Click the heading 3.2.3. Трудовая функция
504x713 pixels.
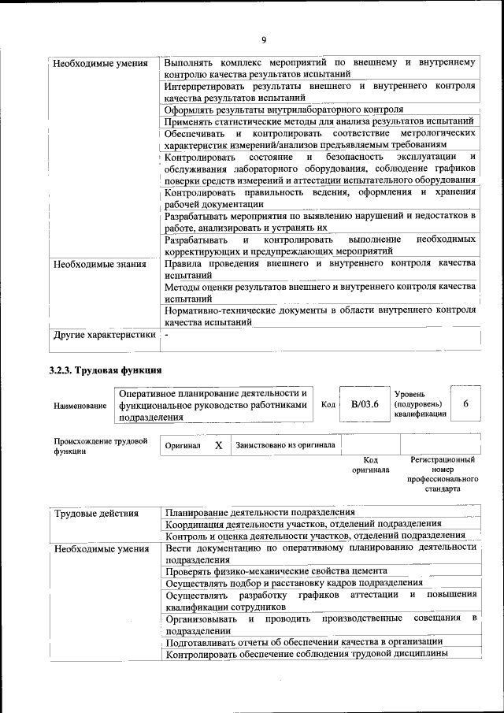click(x=106, y=369)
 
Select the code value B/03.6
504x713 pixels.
click(x=365, y=404)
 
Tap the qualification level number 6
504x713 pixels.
click(x=466, y=404)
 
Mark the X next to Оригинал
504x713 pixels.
click(x=218, y=445)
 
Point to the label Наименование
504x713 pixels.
click(x=80, y=405)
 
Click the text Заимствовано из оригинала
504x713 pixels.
click(x=285, y=445)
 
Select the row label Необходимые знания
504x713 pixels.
click(x=100, y=264)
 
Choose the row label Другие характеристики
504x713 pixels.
click(x=104, y=336)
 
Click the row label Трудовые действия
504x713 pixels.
click(x=96, y=514)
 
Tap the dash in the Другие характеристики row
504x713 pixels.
click(x=167, y=336)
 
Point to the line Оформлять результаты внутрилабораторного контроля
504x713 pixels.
click(x=283, y=110)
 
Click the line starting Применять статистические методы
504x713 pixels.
click(x=318, y=121)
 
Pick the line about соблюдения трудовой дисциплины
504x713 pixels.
click(x=307, y=653)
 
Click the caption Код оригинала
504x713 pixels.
click(x=370, y=464)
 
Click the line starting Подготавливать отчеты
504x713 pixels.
click(x=303, y=641)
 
